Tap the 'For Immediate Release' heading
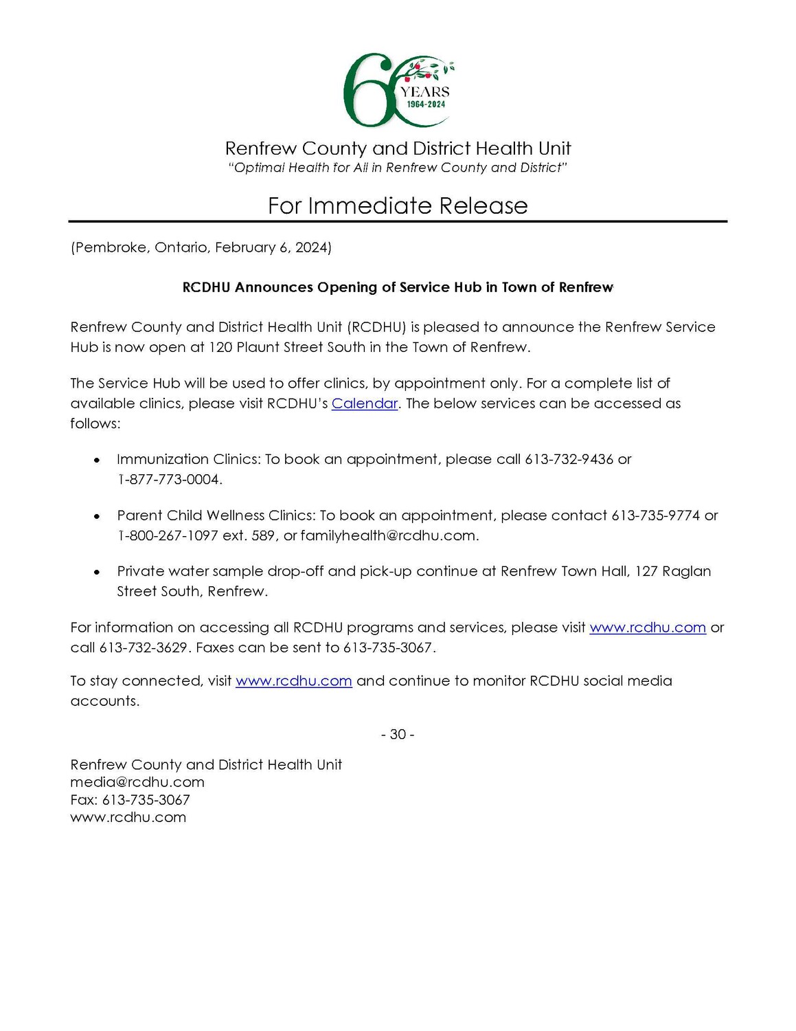(398, 206)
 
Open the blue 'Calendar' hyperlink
(365, 403)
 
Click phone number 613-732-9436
(569, 459)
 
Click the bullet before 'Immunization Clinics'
(98, 460)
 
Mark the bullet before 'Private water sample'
(98, 572)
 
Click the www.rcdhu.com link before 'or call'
(648, 628)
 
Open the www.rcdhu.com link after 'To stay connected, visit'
(294, 681)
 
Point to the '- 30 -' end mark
(398, 735)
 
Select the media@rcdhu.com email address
(137, 782)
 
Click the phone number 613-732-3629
(143, 647)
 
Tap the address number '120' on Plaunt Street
(220, 347)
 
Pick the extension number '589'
(263, 535)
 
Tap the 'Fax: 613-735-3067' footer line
(130, 800)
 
